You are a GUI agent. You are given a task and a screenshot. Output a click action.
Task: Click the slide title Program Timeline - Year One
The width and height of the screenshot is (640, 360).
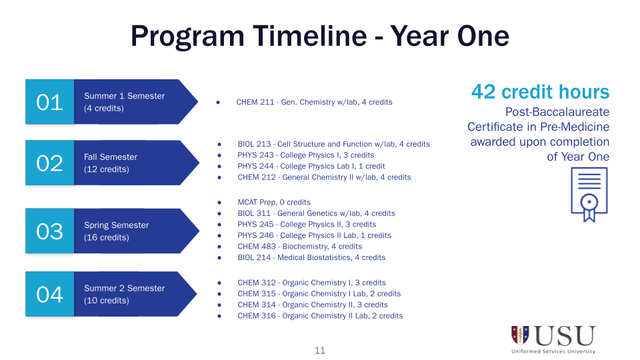pos(320,35)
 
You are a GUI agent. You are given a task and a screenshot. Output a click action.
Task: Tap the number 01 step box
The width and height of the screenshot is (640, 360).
pos(50,102)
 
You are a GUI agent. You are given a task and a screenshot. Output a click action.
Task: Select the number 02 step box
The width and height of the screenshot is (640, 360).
pos(50,163)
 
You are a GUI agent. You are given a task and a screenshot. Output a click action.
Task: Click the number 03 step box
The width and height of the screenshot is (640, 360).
pos(50,231)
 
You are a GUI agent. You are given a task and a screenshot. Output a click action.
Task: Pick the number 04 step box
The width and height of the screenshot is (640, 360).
pos(50,294)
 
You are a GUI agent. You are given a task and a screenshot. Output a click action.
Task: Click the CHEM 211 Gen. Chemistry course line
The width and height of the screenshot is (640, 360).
pos(314,102)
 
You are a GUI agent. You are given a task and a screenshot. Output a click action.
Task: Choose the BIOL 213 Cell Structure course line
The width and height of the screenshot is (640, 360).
pos(333,144)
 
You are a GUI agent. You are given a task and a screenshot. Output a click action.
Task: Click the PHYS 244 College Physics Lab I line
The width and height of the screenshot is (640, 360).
pos(311,166)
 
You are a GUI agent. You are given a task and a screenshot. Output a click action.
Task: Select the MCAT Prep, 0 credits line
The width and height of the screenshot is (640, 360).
pos(274,202)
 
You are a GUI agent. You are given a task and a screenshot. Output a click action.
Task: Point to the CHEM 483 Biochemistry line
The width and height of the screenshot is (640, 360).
pos(299,246)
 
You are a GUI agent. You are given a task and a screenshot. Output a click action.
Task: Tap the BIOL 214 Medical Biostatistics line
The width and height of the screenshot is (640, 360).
pos(311,257)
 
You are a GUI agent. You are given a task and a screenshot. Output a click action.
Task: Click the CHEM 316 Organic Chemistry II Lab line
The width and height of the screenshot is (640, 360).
pos(320,315)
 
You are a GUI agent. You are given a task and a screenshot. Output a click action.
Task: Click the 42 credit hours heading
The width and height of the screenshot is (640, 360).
pos(540,92)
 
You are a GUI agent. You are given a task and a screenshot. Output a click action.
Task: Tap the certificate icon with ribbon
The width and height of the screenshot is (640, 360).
pos(589,194)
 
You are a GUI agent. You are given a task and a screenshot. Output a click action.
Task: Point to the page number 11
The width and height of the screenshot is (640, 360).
pos(320,351)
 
